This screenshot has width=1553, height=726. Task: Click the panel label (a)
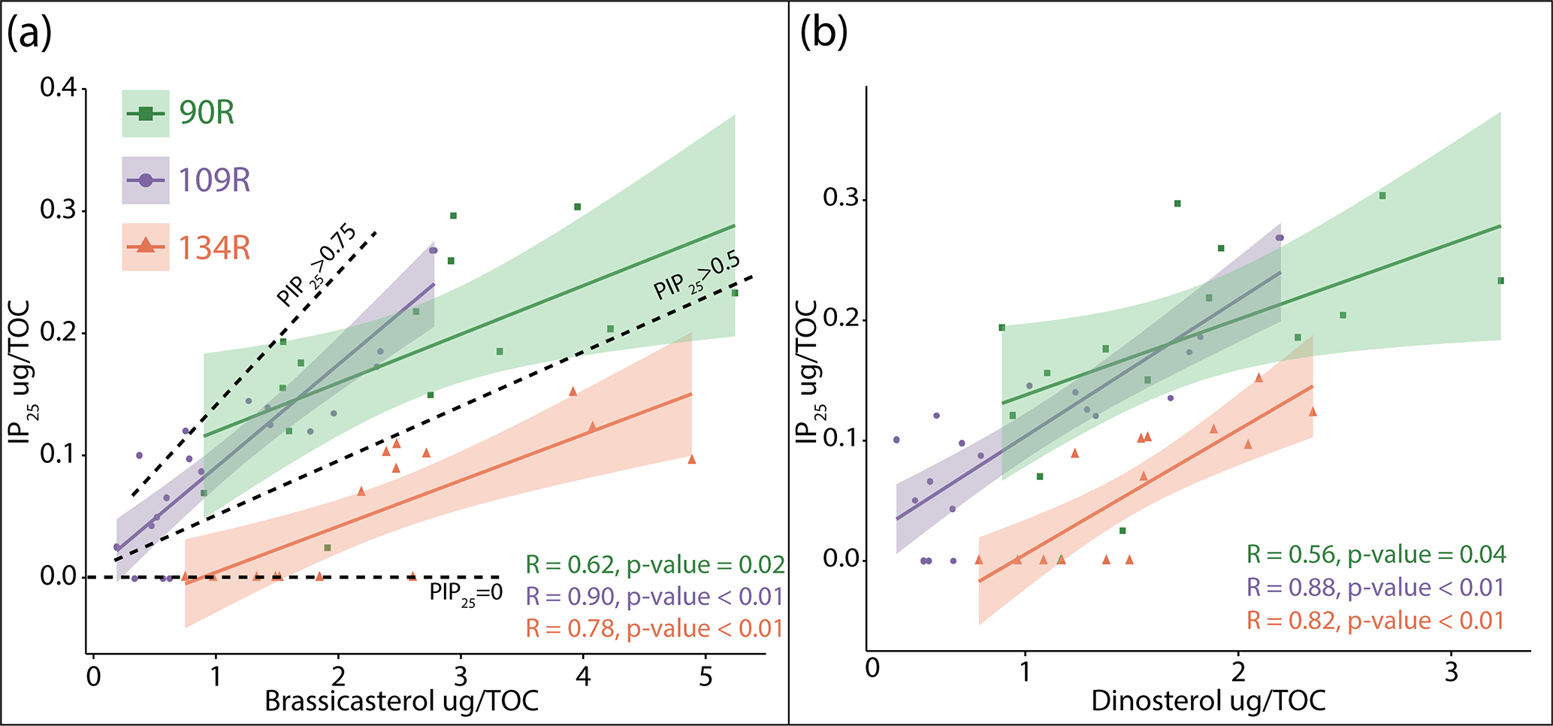click(29, 35)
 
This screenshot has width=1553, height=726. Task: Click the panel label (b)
click(823, 35)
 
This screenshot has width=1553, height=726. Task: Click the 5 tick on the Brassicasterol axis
click(705, 677)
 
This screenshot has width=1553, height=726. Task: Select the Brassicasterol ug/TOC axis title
click(401, 701)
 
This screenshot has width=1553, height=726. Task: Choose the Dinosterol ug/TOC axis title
click(1208, 701)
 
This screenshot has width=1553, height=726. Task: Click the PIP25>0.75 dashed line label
click(316, 265)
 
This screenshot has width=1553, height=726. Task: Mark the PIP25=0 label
click(466, 594)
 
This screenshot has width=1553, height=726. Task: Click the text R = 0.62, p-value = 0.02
click(654, 564)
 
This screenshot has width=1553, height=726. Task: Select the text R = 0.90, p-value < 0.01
click(654, 597)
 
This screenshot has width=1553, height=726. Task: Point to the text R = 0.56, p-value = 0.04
click(1376, 555)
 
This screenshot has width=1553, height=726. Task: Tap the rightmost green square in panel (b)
click(1500, 281)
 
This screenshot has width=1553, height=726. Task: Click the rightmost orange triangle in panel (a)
click(691, 459)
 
